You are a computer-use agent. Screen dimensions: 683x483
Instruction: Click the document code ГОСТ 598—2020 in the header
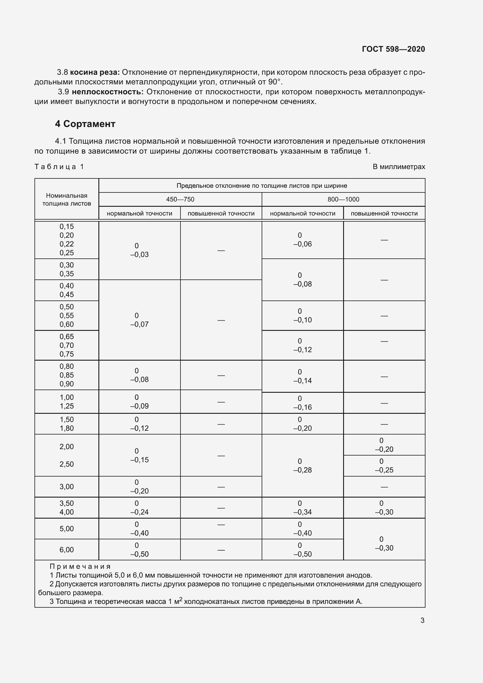393,49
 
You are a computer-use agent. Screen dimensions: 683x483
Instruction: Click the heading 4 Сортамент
85,124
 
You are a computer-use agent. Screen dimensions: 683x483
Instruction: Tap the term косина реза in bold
95,72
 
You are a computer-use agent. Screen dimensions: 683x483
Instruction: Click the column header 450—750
180,199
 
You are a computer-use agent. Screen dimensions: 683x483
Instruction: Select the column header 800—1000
343,199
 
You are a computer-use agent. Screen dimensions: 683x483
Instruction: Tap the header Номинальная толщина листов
67,199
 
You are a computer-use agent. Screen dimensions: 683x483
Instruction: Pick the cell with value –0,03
140,254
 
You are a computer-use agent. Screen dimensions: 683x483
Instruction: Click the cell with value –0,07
140,324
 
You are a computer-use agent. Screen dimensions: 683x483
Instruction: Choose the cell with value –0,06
303,244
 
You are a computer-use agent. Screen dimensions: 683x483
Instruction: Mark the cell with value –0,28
303,470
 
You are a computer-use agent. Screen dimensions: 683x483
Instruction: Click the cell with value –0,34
303,512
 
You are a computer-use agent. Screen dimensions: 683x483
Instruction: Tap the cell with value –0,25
384,470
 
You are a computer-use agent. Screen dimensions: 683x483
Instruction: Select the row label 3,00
67,487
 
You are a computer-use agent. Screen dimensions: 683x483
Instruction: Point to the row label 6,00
67,550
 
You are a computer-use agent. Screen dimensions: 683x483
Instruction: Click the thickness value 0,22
67,244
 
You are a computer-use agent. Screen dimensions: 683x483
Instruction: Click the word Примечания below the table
80,566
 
